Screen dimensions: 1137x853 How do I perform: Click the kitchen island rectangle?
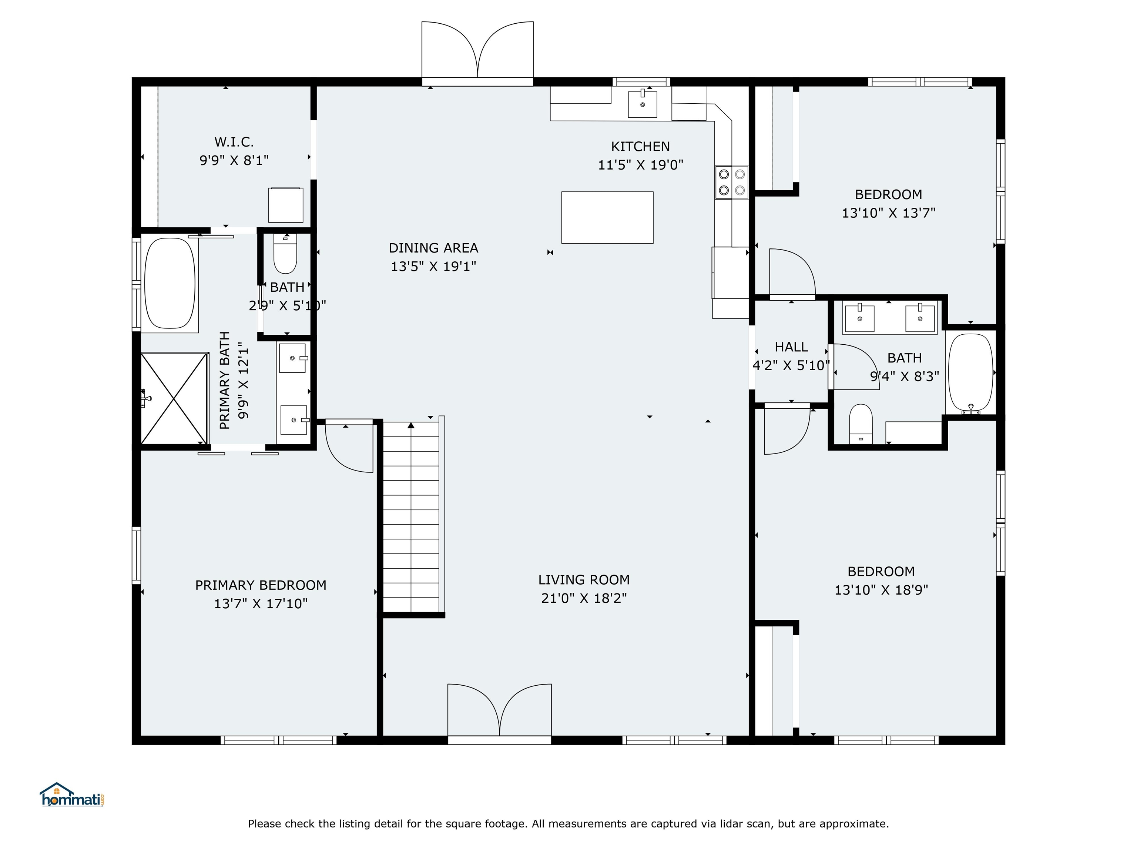[607, 217]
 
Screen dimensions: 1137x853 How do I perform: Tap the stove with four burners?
[731, 182]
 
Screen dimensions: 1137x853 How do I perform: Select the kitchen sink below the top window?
[642, 104]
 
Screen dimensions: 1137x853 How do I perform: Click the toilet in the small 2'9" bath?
[285, 254]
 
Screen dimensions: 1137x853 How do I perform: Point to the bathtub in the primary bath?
[170, 283]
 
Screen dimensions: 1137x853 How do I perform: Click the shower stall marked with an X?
[174, 398]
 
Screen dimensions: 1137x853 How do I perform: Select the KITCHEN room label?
[640, 147]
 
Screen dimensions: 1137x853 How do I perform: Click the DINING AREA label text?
[433, 248]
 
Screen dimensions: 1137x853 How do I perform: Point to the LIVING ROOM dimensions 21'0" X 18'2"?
[584, 598]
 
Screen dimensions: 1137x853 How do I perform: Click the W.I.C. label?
[234, 142]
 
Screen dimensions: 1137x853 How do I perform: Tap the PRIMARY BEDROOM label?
[261, 585]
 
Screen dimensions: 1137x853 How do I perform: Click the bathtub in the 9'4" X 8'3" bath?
[970, 373]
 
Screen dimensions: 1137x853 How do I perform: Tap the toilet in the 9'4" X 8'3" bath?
[861, 424]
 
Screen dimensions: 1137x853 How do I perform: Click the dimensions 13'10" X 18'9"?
[881, 590]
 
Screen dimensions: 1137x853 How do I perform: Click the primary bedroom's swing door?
[349, 445]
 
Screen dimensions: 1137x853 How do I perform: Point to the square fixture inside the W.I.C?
[286, 205]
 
